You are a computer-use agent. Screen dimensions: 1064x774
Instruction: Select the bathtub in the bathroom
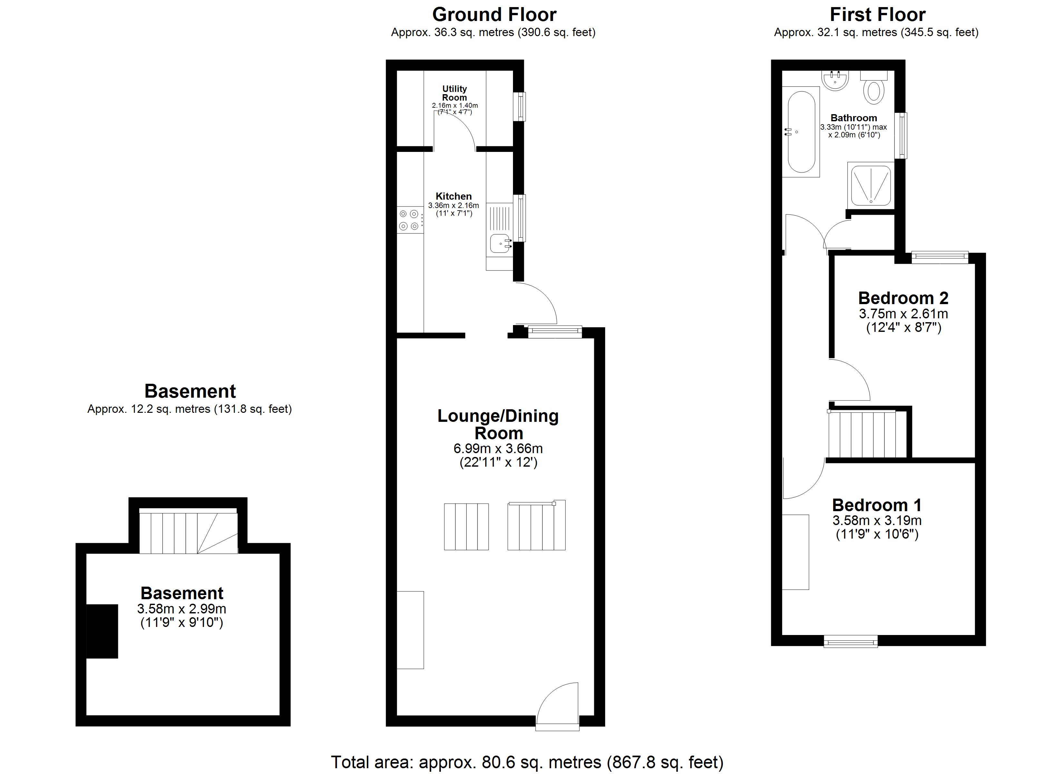(801, 132)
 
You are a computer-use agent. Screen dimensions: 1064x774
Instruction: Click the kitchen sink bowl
(500, 243)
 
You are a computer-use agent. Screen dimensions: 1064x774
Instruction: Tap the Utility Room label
(455, 93)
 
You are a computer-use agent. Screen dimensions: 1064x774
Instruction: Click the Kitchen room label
(454, 196)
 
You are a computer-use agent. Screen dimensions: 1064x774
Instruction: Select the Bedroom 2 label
(903, 298)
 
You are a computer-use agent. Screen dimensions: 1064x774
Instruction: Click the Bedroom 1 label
(877, 505)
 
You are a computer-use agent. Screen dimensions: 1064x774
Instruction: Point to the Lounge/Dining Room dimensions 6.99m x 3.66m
(498, 449)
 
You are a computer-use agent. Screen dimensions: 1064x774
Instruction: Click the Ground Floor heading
(494, 15)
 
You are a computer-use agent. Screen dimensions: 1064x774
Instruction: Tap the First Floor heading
(877, 15)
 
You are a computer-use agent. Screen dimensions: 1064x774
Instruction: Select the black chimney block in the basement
(102, 631)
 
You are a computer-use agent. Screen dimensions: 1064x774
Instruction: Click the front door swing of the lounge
(557, 707)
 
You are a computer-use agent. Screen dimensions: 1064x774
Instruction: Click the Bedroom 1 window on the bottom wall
(851, 641)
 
